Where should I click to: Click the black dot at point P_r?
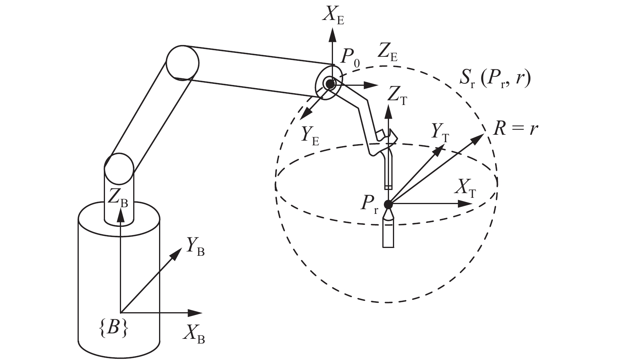388,204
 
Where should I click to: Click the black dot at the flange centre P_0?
330,84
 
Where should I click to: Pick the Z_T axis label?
396,96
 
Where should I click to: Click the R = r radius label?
515,129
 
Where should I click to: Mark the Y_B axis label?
195,246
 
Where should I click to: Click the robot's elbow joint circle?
182,63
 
